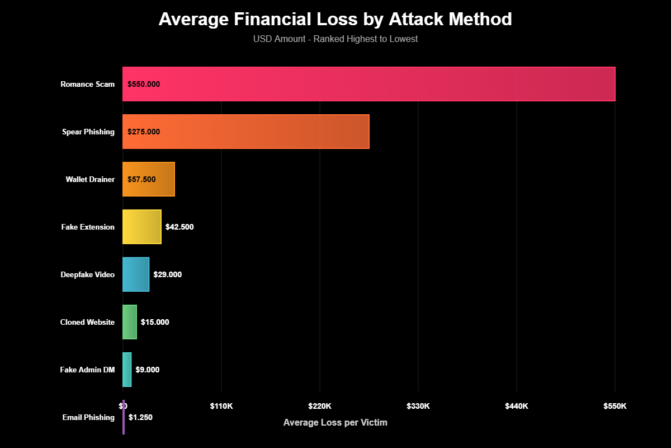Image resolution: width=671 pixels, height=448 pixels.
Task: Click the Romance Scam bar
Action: tap(369, 84)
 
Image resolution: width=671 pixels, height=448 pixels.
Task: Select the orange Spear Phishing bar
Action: tap(246, 132)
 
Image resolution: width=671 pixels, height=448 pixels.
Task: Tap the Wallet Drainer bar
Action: tap(149, 179)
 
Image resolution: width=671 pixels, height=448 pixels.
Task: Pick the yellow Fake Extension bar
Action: tap(142, 227)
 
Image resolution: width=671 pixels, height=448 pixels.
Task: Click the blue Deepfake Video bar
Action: tap(136, 274)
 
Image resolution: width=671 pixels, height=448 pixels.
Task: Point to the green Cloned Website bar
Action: tap(130, 322)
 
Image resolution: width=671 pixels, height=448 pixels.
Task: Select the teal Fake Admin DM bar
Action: tap(127, 370)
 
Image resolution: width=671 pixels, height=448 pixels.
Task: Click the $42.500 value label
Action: tap(179, 227)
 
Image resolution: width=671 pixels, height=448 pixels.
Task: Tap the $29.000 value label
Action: tap(168, 274)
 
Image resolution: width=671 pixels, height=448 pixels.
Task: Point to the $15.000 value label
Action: tap(155, 322)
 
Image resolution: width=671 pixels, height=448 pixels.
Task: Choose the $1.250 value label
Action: tap(140, 417)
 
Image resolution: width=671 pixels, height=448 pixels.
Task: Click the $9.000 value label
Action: tap(148, 370)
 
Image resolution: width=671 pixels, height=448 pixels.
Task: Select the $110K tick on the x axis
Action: tap(221, 406)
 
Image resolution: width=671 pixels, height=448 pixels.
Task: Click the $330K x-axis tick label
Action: tap(418, 406)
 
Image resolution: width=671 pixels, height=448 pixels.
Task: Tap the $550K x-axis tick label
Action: tap(615, 406)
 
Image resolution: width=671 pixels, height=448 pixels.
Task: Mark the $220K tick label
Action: tap(320, 406)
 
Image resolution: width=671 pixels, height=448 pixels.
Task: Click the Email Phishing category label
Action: tap(88, 417)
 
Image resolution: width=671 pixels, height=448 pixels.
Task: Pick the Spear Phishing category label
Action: tap(88, 132)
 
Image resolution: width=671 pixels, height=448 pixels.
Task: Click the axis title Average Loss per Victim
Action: tap(335, 422)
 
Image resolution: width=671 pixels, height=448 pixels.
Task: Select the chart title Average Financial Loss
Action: tap(335, 19)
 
